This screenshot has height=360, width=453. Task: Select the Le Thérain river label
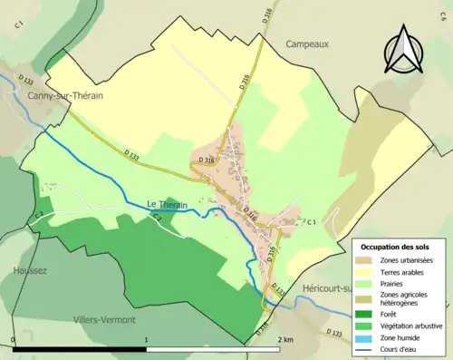pyautogui.click(x=167, y=205)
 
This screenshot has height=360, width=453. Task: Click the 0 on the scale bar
pyautogui.click(x=14, y=340)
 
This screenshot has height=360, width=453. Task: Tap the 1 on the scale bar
pyautogui.click(x=147, y=340)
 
